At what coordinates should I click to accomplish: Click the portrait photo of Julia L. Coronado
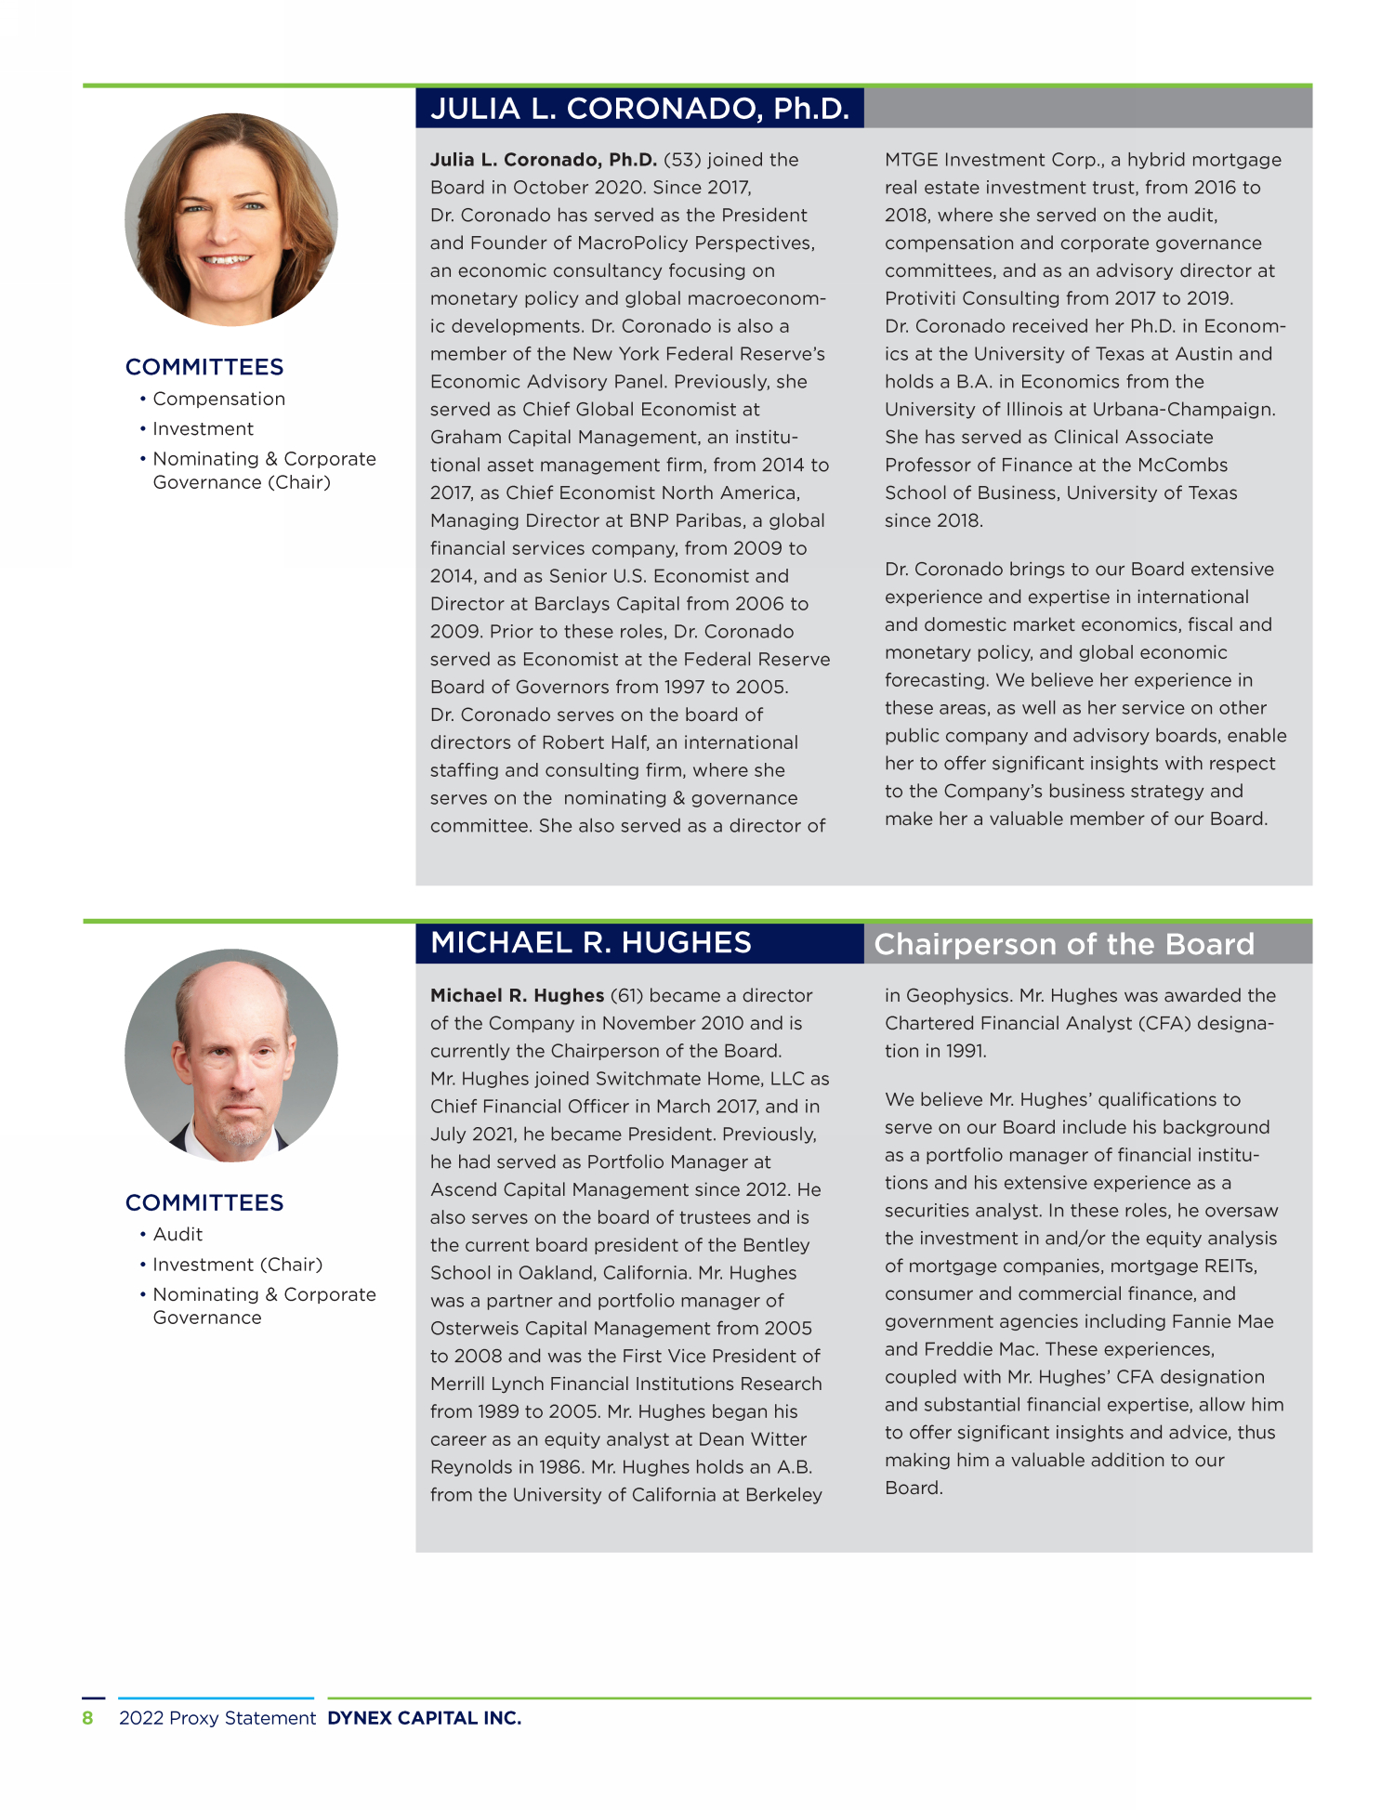coord(231,219)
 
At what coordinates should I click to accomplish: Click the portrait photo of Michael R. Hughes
coord(231,1055)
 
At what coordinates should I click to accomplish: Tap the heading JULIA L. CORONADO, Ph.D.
coord(639,109)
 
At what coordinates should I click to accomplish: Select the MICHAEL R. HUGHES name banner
coord(591,943)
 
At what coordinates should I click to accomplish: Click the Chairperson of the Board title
coord(1064,944)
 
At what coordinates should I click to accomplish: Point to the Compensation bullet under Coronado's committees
coord(218,399)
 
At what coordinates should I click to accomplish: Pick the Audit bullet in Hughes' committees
coord(178,1234)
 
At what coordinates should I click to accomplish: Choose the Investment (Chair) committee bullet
coord(237,1265)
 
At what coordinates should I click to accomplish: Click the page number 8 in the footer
coord(88,1718)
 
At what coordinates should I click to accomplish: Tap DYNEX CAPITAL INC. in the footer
coord(424,1718)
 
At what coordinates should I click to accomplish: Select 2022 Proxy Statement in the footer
coord(217,1718)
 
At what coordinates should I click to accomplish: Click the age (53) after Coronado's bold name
coord(682,160)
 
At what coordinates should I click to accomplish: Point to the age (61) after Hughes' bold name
coord(626,995)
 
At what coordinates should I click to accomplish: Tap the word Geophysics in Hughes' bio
coord(957,995)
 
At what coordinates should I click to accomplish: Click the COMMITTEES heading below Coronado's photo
coord(204,367)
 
